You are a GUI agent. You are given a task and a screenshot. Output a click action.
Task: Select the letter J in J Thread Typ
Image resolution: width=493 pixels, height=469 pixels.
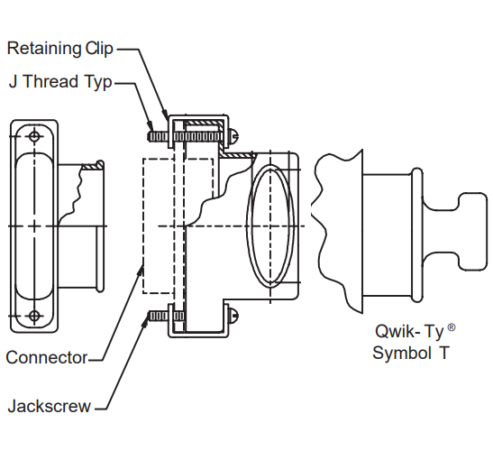pos(13,81)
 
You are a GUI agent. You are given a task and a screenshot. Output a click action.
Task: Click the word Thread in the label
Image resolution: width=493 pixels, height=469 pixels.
pos(50,81)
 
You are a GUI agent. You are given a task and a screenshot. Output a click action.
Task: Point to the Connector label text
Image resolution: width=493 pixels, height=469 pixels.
pos(47,358)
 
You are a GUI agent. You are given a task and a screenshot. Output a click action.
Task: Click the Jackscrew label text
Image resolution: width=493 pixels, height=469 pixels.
pos(49,406)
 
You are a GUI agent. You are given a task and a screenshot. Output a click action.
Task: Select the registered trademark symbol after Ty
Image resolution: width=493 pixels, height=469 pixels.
pos(452,327)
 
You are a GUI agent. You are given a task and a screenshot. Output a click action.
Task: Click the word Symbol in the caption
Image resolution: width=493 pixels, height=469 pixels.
pos(402,353)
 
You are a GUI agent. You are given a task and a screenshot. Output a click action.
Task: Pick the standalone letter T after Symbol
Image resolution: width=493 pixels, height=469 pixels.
pos(444,353)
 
